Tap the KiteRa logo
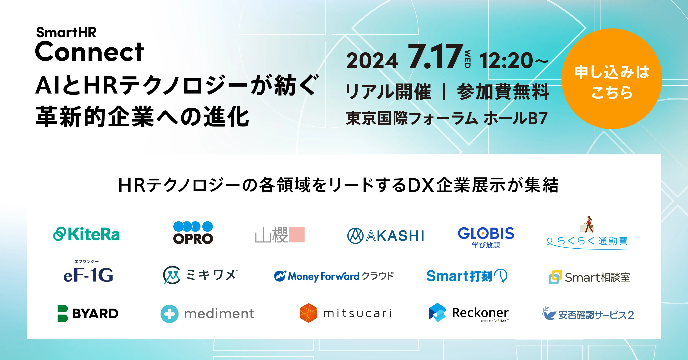tap(86, 234)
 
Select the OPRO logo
tap(193, 233)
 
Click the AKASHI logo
tap(385, 236)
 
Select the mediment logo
tap(207, 314)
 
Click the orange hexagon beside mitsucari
tap(308, 313)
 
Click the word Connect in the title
tap(89, 52)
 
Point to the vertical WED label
tap(467, 59)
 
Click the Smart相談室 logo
tap(589, 277)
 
